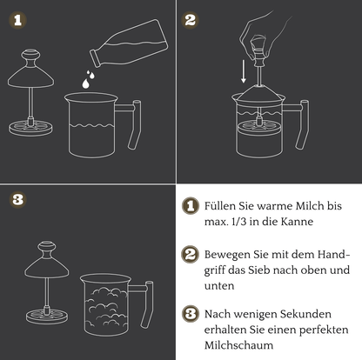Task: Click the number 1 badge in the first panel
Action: [x=21, y=20]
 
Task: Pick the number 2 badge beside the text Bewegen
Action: [x=191, y=256]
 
